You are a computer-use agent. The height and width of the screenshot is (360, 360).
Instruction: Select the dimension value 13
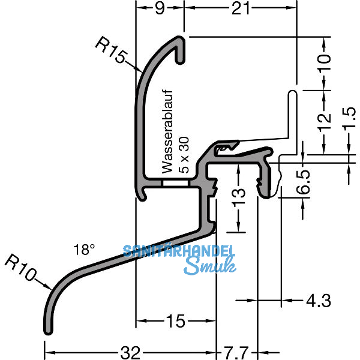coord(238,194)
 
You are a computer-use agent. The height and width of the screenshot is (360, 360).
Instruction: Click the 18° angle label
coord(85,250)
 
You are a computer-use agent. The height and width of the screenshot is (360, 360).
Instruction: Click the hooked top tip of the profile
coord(181,42)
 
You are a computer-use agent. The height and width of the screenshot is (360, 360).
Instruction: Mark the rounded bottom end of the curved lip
coord(47,329)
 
